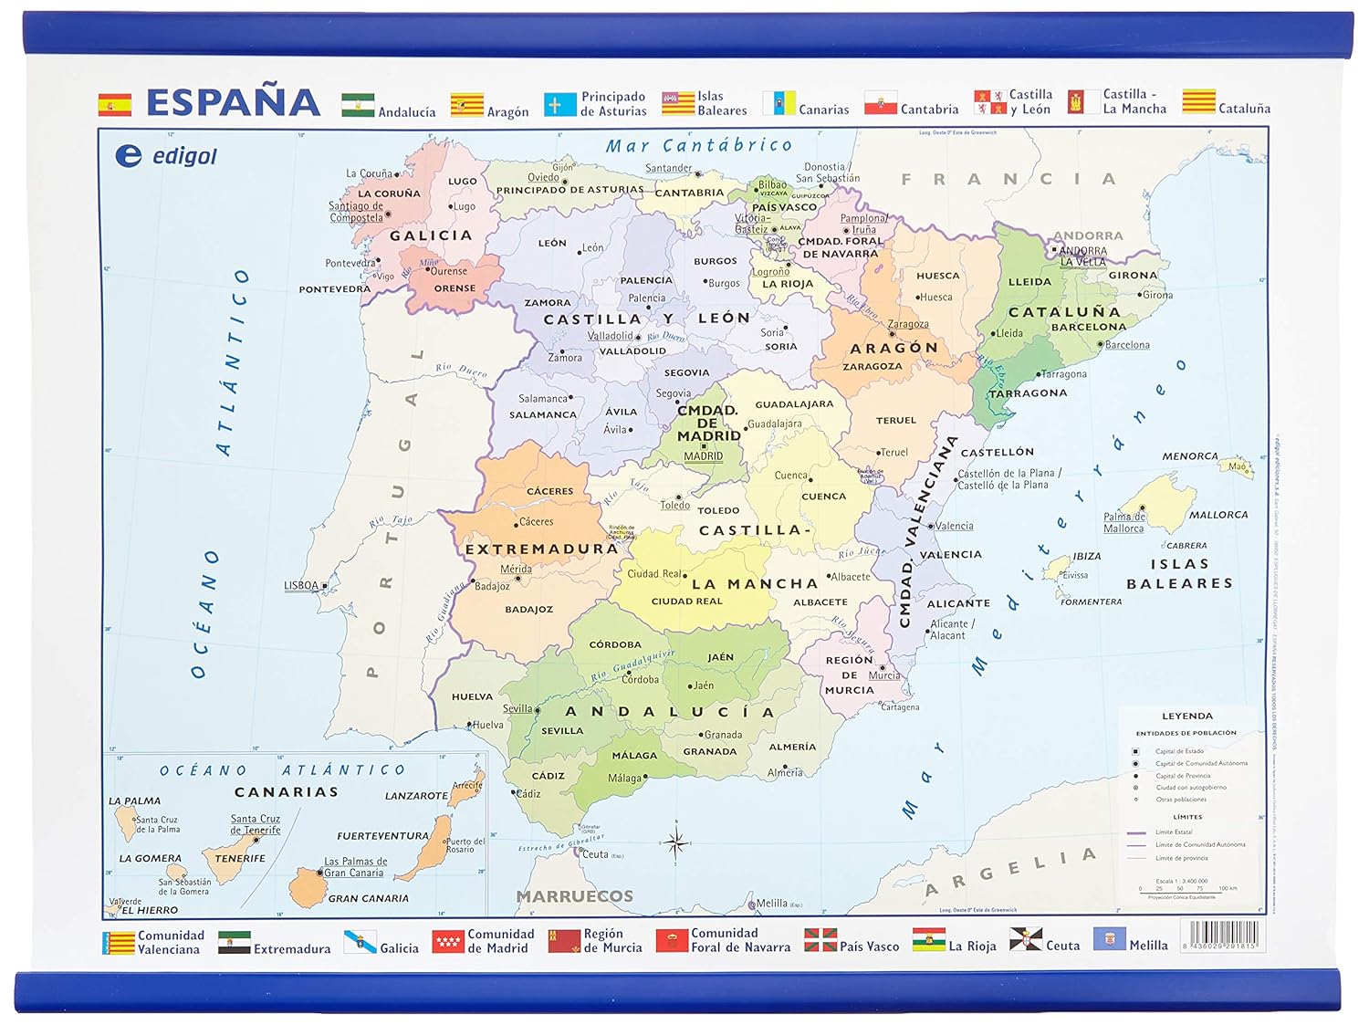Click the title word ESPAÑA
(233, 102)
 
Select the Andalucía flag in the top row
(358, 105)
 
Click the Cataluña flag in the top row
(1198, 101)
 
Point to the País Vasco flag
(820, 939)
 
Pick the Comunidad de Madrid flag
(448, 940)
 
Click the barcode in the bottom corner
(1223, 936)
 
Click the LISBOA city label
(301, 586)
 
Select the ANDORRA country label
(1088, 235)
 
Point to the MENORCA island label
(1189, 456)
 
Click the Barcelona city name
(1127, 345)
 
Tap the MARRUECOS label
(575, 896)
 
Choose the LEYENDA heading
(1186, 716)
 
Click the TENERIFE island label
(239, 859)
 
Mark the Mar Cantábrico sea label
(699, 145)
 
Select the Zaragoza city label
(908, 324)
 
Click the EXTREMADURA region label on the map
(541, 549)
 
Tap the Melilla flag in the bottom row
(1109, 939)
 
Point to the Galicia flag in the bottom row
(360, 941)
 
